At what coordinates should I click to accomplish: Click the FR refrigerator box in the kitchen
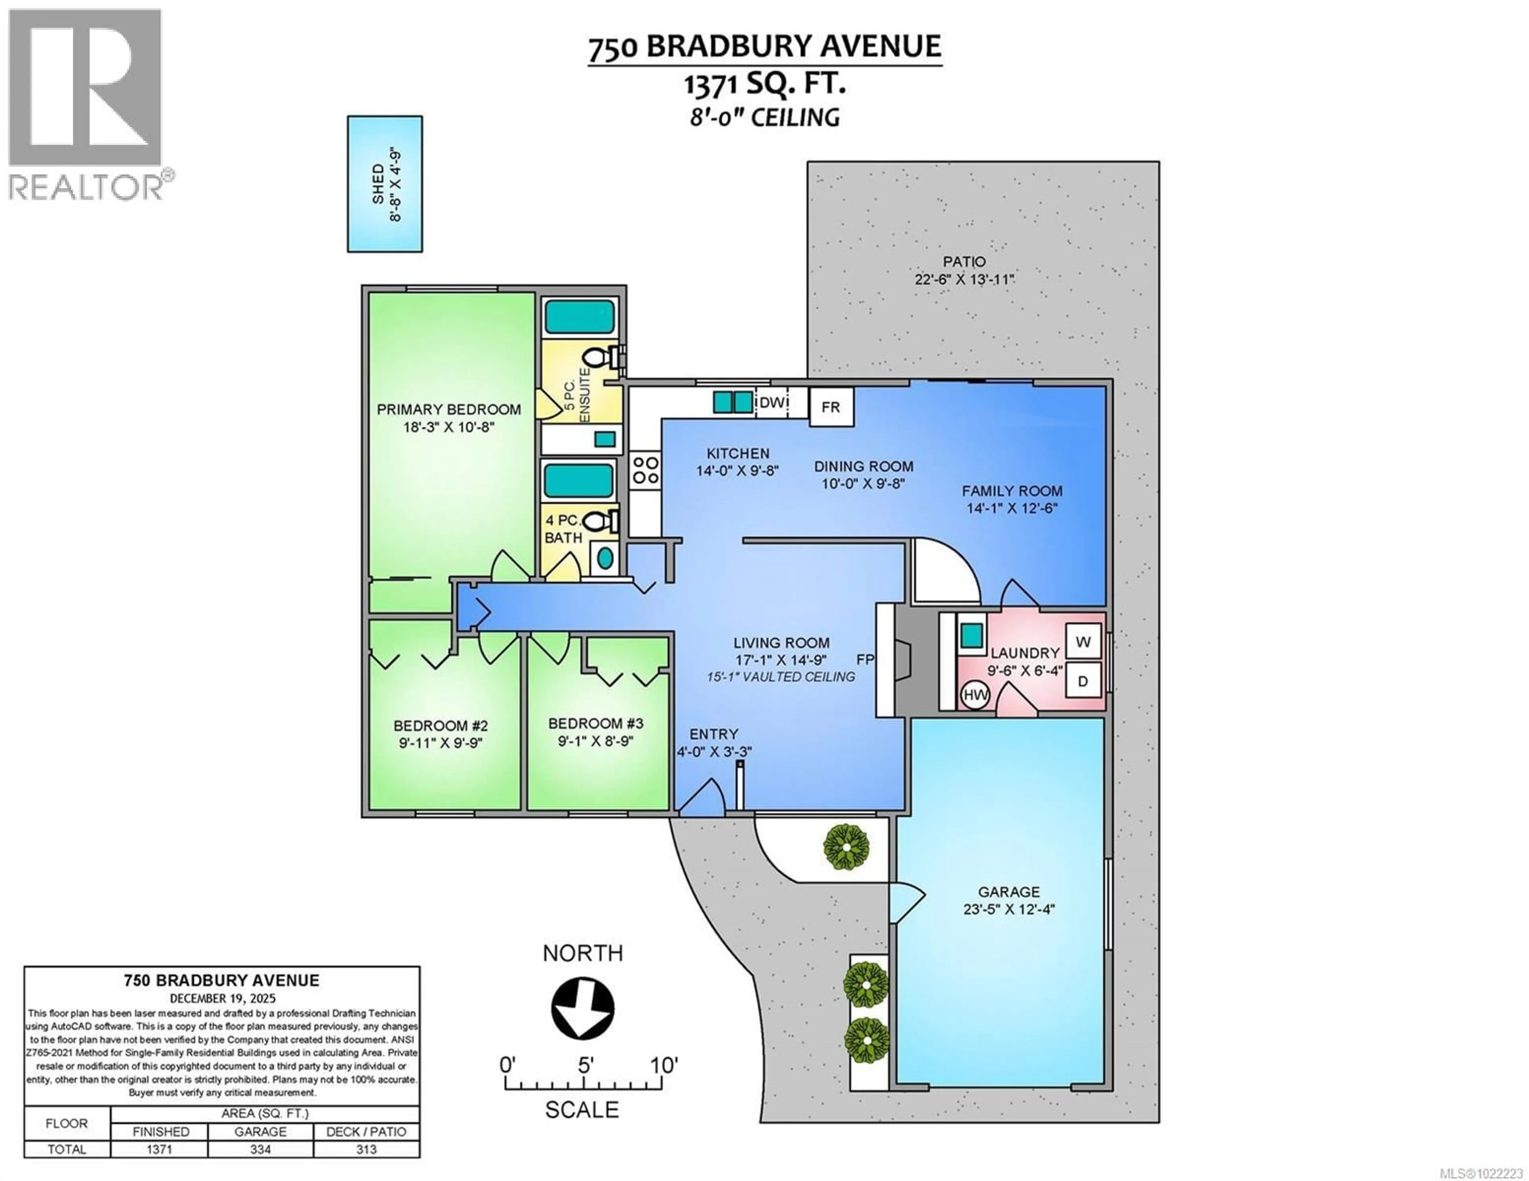click(x=831, y=407)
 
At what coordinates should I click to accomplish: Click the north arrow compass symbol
click(x=583, y=1009)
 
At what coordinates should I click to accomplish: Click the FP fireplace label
click(x=865, y=660)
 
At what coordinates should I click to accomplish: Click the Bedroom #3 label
click(x=595, y=723)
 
